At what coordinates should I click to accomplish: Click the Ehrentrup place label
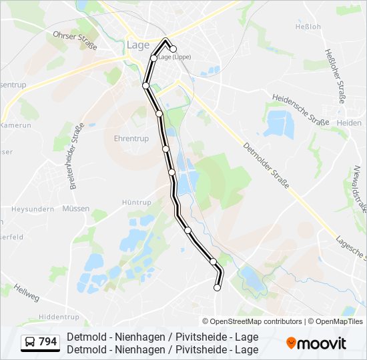tap(130, 139)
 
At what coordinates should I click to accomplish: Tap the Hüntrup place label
tap(137, 201)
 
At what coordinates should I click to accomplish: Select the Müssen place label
tap(75, 227)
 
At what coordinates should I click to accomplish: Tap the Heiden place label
tap(349, 123)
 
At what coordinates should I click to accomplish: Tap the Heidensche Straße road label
tap(300, 109)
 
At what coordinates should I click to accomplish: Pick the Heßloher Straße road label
tap(334, 75)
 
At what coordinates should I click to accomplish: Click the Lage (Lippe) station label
tap(174, 57)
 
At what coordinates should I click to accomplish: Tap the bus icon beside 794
tap(30, 343)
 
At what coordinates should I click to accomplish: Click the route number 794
tap(48, 343)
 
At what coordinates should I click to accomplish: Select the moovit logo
tap(316, 343)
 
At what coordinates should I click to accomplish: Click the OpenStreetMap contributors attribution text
tap(256, 321)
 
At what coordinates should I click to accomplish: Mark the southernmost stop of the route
tap(217, 287)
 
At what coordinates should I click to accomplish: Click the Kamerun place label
tap(17, 125)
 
